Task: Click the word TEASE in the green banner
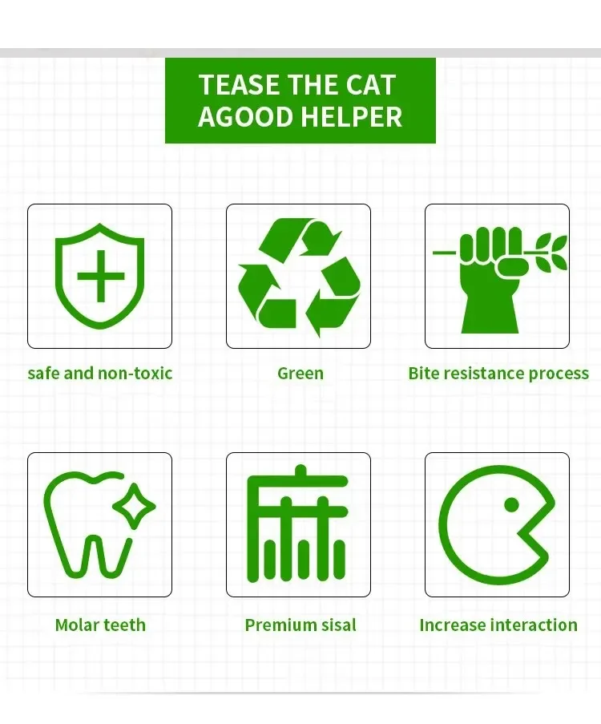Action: coord(240,86)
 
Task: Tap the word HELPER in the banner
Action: coord(353,116)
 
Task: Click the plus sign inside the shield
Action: coord(101,277)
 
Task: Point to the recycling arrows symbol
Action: coord(299,277)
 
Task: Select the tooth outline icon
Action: coord(87,525)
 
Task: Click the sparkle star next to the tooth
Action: coord(134,506)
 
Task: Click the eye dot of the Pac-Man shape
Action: coord(511,504)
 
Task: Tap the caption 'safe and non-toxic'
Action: coord(99,373)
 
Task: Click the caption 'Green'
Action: coord(300,373)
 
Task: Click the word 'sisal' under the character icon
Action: coord(337,625)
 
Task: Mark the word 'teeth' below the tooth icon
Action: coord(123,625)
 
